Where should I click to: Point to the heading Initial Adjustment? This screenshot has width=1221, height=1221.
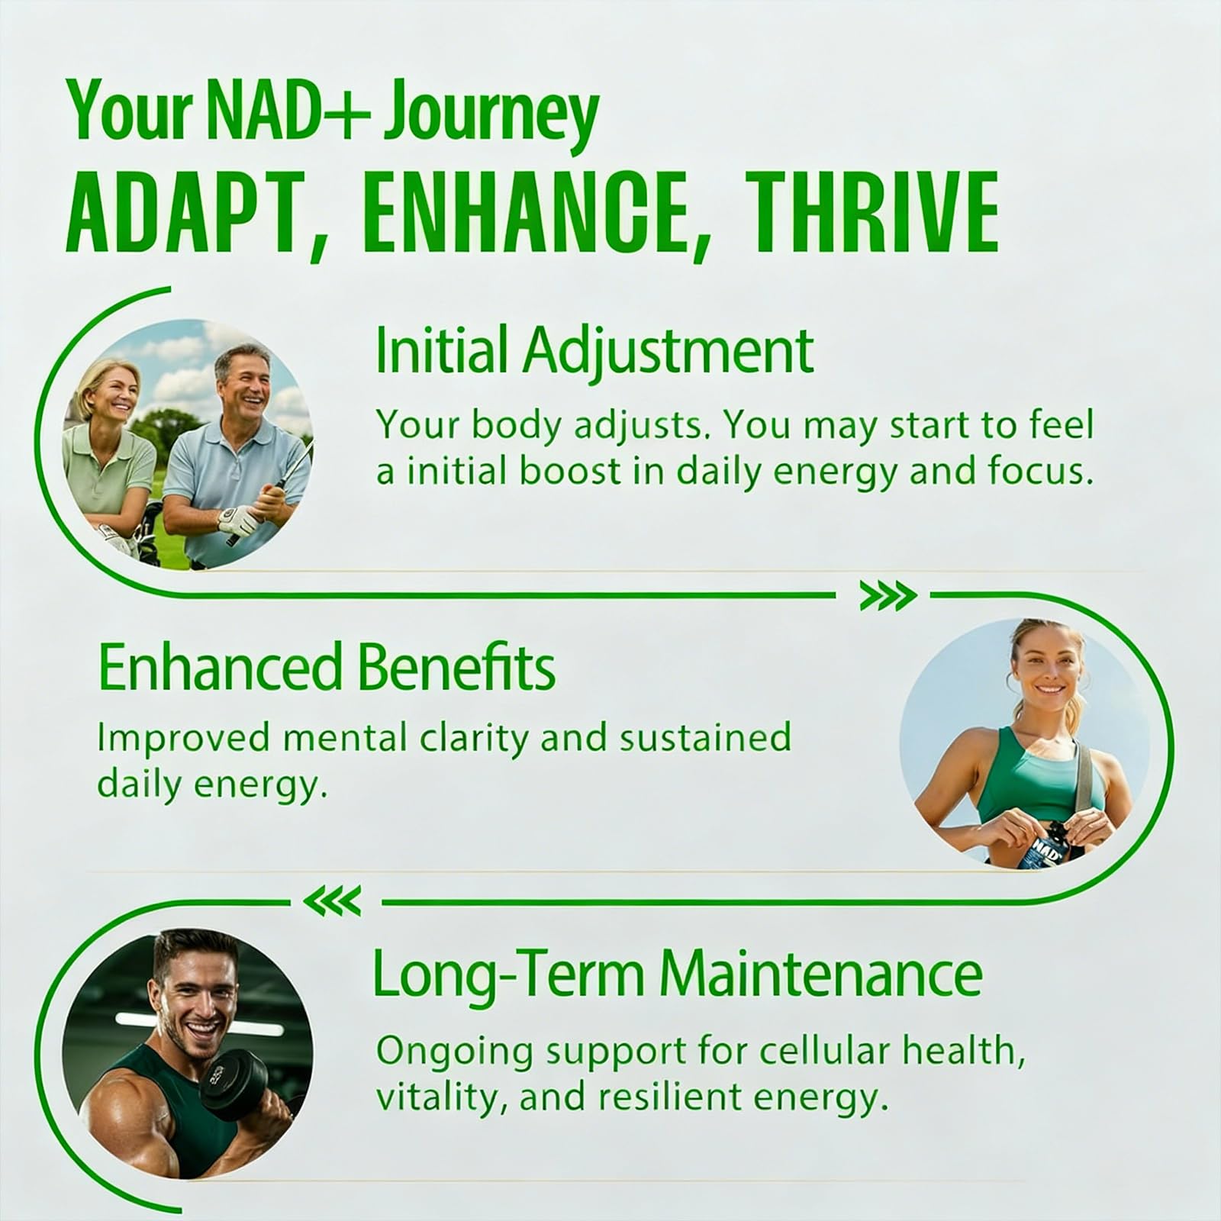click(594, 350)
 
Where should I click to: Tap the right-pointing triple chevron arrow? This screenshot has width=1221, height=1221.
click(888, 597)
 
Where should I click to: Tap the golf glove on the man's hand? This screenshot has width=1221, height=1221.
click(231, 521)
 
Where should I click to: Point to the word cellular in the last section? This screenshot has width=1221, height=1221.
click(797, 1052)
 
